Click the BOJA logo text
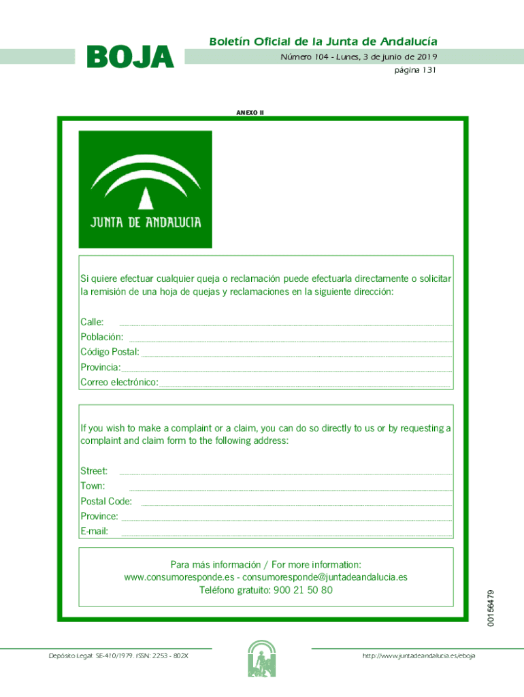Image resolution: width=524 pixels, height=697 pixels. pos(130,58)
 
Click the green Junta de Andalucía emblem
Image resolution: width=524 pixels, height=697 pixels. pos(146,189)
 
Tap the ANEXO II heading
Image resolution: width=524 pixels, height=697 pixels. pos(250,112)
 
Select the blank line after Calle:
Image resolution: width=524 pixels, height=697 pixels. pos(286,323)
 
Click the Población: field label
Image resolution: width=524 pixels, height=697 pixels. pos(102,337)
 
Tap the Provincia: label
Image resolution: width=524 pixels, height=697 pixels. pos(100,368)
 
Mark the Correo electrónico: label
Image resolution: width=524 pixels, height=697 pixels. pos(119,383)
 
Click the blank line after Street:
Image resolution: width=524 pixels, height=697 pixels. pos(286,472)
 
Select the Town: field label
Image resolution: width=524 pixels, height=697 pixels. pos(93,486)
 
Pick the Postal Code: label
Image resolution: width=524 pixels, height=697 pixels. pos(106,502)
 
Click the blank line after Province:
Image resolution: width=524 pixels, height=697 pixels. pos(286,519)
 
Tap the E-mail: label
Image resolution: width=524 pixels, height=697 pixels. pos(95,531)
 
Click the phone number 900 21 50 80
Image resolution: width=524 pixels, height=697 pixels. pos(303,590)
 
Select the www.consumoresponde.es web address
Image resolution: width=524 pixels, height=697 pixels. pos(179,577)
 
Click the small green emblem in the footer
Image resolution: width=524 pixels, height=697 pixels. pos(261,658)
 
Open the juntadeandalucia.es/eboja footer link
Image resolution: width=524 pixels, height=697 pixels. pos(419,655)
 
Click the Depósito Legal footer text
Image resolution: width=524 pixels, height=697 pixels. pos(118,655)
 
